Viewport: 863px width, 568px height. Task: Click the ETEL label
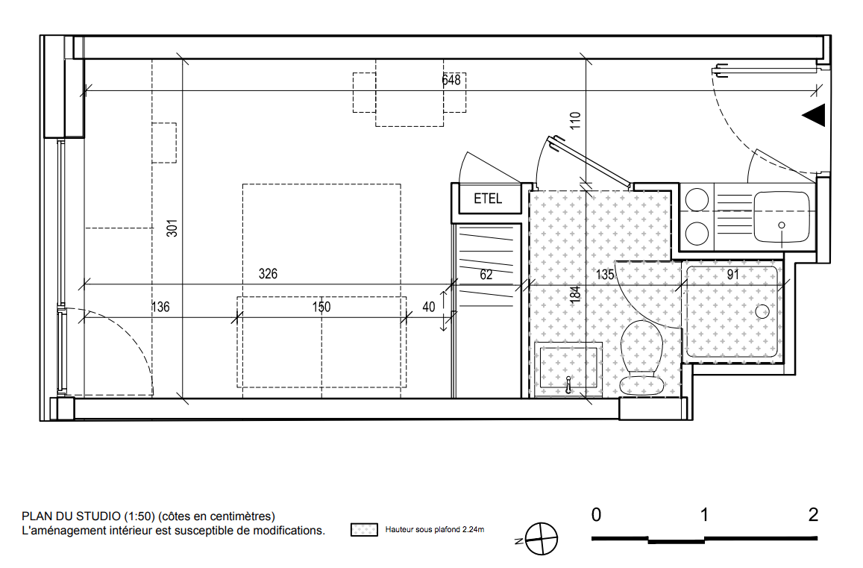(488, 199)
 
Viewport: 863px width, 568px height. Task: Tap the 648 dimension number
(451, 81)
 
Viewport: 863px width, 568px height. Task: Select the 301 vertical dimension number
(172, 228)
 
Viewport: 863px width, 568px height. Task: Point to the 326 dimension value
(268, 274)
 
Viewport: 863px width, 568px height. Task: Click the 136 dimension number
(160, 307)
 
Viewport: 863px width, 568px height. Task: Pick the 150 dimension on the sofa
(321, 307)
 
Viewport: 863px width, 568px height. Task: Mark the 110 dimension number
(575, 120)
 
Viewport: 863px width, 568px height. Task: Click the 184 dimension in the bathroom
(575, 293)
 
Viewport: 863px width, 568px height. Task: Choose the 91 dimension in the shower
(733, 275)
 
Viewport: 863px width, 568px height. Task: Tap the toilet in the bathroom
(641, 358)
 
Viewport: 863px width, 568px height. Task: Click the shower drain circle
(762, 312)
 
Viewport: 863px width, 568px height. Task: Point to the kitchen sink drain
(782, 225)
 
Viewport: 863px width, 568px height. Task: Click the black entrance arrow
(814, 115)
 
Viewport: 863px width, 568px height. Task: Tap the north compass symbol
(541, 539)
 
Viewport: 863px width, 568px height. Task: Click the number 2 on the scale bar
(814, 514)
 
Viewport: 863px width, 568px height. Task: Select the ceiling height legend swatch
(364, 530)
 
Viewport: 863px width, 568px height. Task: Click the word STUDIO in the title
(98, 516)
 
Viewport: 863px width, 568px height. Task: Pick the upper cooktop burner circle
(697, 200)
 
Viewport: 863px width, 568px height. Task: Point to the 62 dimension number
(486, 275)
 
